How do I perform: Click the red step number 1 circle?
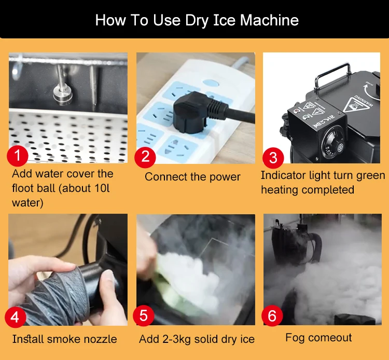(x=17, y=156)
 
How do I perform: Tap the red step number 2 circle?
(x=145, y=157)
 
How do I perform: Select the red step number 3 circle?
(x=273, y=158)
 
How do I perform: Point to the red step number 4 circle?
(x=15, y=317)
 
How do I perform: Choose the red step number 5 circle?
(x=143, y=315)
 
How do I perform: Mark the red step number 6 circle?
(x=272, y=315)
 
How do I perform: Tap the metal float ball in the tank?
(x=63, y=94)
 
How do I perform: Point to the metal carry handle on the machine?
(x=332, y=74)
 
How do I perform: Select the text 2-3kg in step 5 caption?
(x=176, y=339)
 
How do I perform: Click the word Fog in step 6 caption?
(x=295, y=338)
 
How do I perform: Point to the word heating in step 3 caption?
(x=280, y=190)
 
